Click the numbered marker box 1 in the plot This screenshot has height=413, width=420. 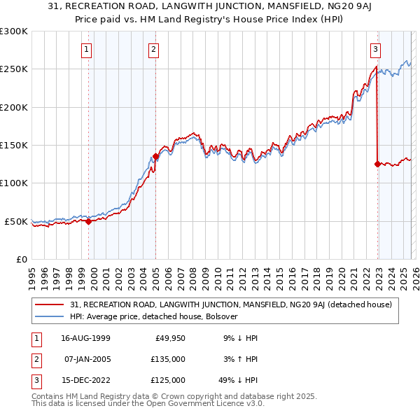pyautogui.click(x=86, y=49)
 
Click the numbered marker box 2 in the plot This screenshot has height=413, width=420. pyautogui.click(x=153, y=49)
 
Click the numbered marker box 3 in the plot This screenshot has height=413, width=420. pyautogui.click(x=376, y=49)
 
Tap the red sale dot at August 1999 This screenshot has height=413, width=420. pyautogui.click(x=89, y=221)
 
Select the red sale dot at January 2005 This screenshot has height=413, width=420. pyautogui.click(x=155, y=156)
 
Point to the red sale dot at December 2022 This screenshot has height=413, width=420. pyautogui.click(x=377, y=164)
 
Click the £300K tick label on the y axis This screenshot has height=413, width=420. pyautogui.click(x=14, y=31)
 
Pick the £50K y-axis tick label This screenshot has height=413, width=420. pyautogui.click(x=16, y=221)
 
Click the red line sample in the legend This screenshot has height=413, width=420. pyautogui.click(x=50, y=304)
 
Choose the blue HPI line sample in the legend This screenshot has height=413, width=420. pyautogui.click(x=50, y=316)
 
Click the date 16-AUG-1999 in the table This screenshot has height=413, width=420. pyautogui.click(x=85, y=338)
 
